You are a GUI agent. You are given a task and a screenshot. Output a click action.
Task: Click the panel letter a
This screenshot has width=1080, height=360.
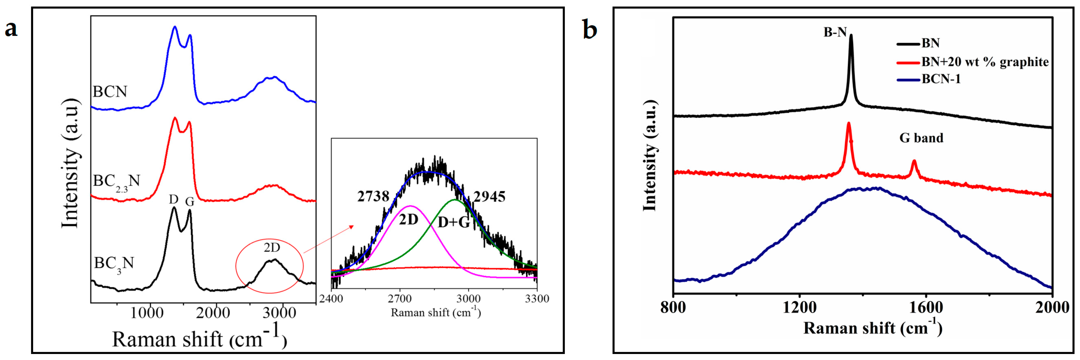[11, 29]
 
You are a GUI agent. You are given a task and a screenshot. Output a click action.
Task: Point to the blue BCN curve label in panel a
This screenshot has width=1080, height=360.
[110, 91]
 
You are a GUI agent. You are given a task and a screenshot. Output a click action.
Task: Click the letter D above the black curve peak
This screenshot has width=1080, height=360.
[174, 199]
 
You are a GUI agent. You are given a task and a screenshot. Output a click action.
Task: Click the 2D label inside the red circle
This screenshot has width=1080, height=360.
[272, 248]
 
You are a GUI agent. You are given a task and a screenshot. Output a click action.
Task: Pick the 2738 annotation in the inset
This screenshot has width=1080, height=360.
[373, 196]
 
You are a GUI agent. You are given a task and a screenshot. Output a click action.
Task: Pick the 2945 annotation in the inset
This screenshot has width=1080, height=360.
[489, 196]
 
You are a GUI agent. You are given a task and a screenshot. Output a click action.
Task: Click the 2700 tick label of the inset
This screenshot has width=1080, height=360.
[400, 299]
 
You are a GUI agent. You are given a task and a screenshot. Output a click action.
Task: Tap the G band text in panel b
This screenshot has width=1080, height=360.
[921, 138]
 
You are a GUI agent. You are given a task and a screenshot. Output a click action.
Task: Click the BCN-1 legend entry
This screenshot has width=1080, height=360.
[941, 79]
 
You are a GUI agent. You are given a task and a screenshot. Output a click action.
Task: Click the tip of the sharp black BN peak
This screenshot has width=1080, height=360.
[851, 35]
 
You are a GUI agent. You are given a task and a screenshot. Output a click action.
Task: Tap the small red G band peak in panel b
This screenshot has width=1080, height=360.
[914, 161]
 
